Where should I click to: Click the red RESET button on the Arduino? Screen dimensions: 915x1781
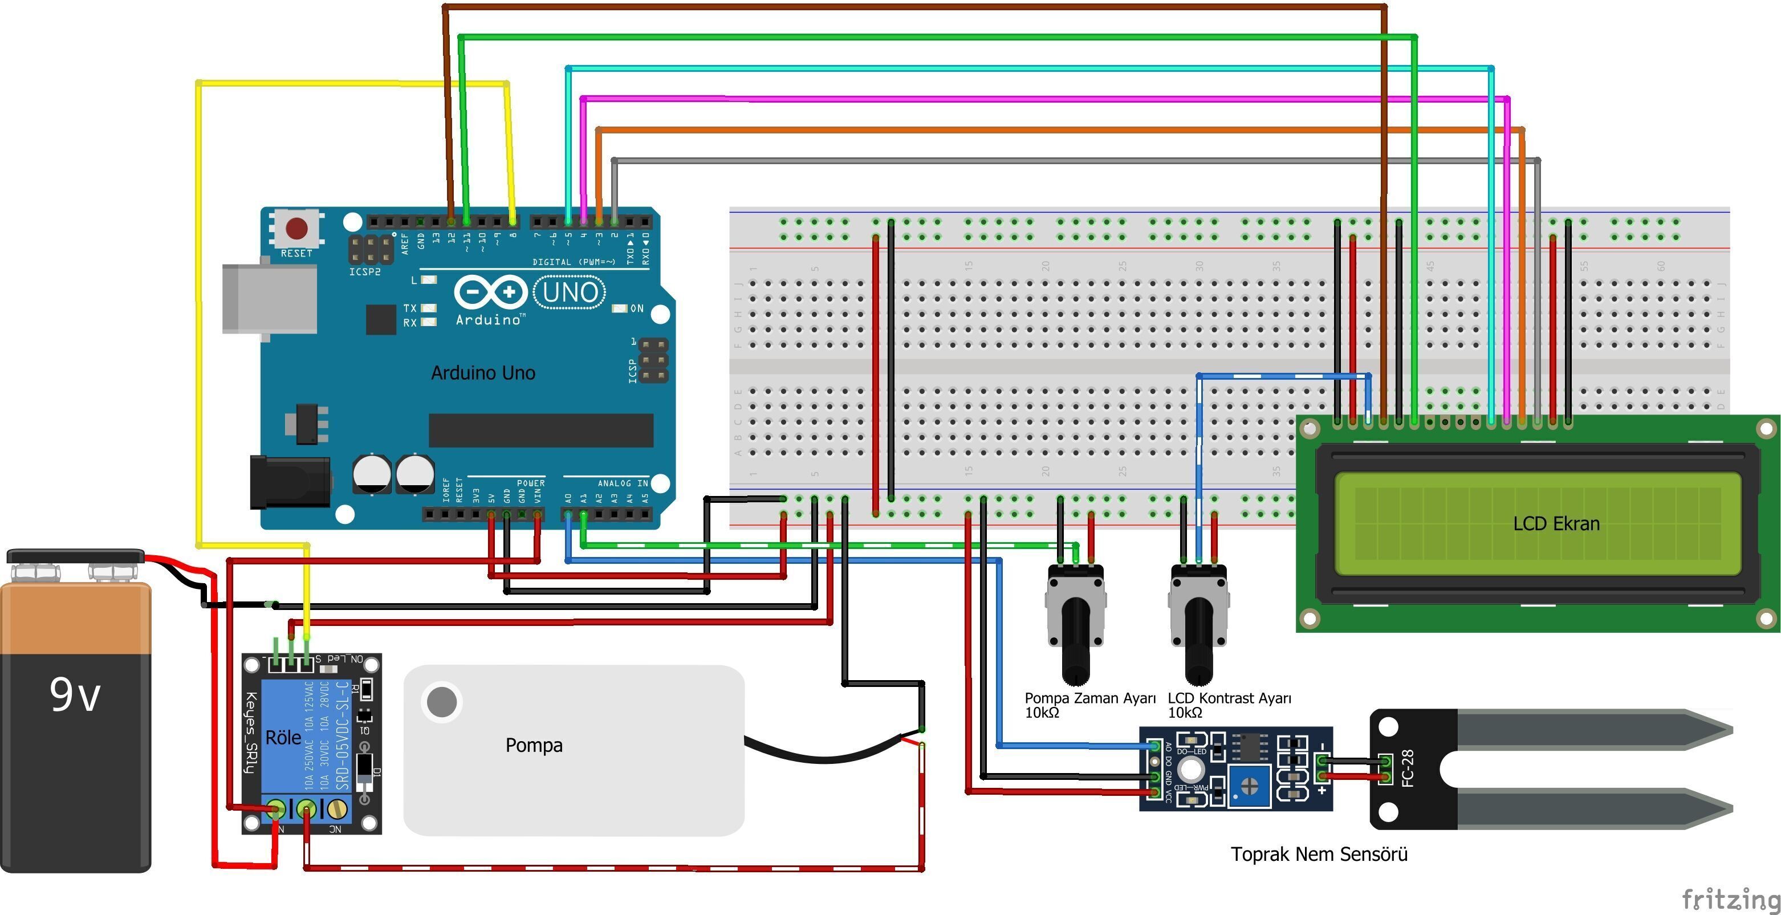[x=296, y=228]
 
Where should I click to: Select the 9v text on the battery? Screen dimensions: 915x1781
[x=75, y=694]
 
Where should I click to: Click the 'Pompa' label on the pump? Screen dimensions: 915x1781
[x=534, y=745]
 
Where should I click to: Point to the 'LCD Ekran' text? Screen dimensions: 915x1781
[x=1556, y=523]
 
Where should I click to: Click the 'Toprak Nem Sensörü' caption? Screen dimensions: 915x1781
[x=1319, y=854]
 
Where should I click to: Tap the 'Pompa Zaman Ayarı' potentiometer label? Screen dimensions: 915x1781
[x=1089, y=698]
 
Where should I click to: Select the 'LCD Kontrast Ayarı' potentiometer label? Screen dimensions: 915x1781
[x=1229, y=698]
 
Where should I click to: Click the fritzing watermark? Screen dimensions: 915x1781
[x=1730, y=899]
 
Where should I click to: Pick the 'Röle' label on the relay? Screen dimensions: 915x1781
[x=283, y=737]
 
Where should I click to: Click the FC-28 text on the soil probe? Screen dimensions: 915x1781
[x=1407, y=768]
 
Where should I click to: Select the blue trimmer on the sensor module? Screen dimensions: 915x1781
[x=1249, y=785]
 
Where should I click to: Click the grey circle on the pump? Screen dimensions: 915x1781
[x=442, y=702]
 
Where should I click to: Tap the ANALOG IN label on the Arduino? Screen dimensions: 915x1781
[x=622, y=483]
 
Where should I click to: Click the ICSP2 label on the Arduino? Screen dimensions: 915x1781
[x=364, y=272]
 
